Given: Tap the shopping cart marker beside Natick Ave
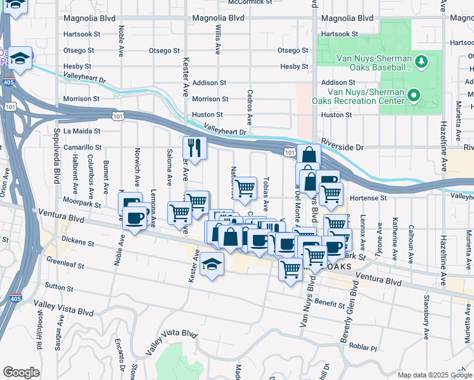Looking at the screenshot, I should [245, 187].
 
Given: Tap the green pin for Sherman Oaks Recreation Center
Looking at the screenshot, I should [414, 96].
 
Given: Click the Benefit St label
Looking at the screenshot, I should [329, 304].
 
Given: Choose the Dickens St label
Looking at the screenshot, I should [79, 243].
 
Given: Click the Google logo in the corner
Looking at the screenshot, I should [22, 372].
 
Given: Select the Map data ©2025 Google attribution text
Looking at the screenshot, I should [434, 375].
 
